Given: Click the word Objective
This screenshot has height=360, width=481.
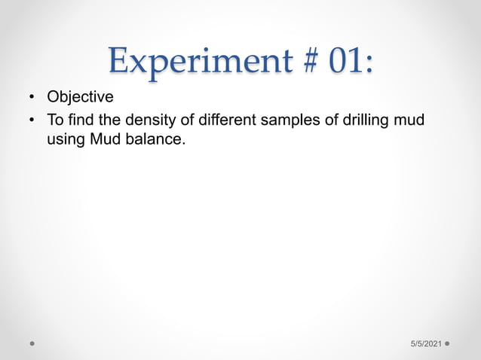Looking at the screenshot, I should coord(80,97).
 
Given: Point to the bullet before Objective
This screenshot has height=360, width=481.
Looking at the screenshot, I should coord(32,98).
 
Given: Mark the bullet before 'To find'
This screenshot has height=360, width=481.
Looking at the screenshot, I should coord(32,121).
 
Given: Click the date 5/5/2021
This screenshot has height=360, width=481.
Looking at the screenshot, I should coord(426,343).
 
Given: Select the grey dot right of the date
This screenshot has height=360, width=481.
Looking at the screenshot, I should coord(448,343).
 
